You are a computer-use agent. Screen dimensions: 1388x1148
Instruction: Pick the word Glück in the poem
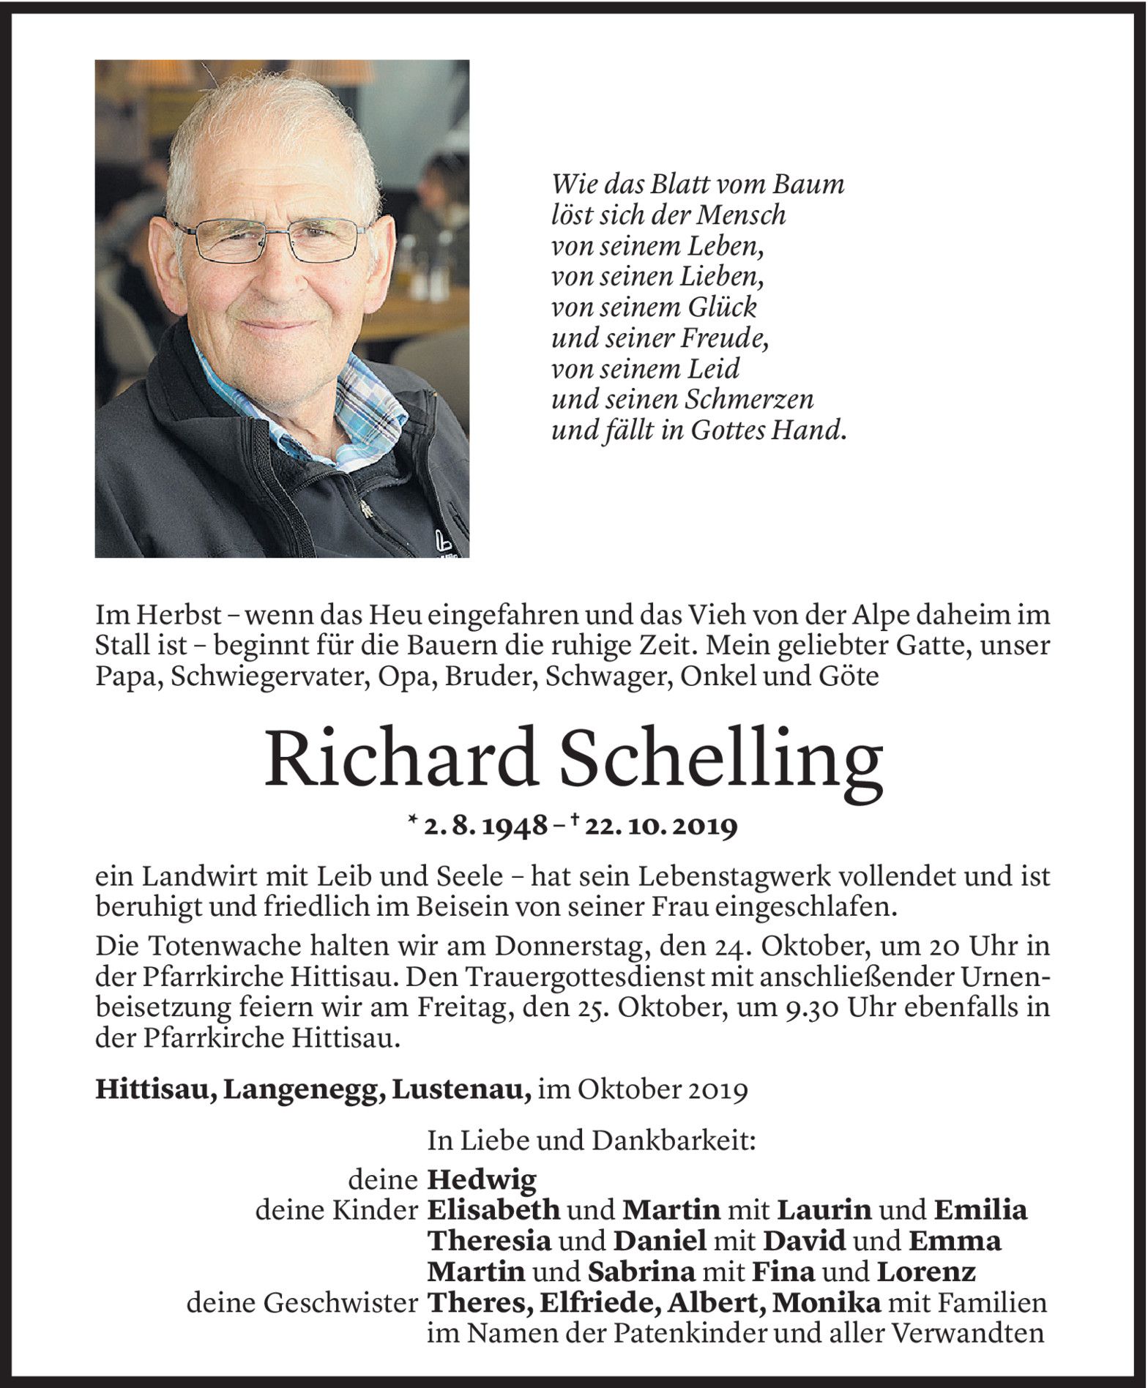tap(720, 306)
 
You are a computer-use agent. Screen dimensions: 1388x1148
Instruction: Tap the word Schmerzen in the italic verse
tap(749, 399)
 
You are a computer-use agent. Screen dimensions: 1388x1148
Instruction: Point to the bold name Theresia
tap(488, 1242)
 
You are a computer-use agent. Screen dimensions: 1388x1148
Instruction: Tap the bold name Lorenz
tap(925, 1272)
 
